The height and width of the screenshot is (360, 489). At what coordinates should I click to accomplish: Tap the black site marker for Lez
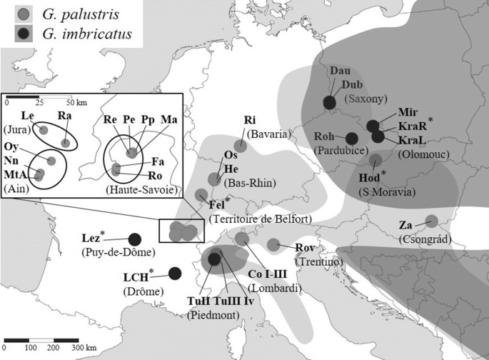click(x=133, y=239)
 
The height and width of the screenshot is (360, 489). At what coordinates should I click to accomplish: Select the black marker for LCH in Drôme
click(x=175, y=273)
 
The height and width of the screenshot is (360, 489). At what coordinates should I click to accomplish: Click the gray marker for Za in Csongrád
click(x=431, y=221)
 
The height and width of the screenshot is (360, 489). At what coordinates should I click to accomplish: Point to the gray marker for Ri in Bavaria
click(x=241, y=146)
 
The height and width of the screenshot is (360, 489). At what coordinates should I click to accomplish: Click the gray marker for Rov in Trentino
click(x=273, y=245)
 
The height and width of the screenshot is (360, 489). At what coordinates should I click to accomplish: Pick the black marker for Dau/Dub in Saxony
click(x=330, y=102)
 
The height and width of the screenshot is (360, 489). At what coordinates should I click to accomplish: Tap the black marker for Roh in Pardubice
click(x=351, y=137)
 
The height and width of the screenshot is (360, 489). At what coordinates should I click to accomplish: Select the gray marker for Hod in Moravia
click(x=375, y=159)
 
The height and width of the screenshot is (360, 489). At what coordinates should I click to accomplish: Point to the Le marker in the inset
click(x=44, y=130)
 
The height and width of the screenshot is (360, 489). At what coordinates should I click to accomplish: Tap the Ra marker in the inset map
click(x=66, y=143)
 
